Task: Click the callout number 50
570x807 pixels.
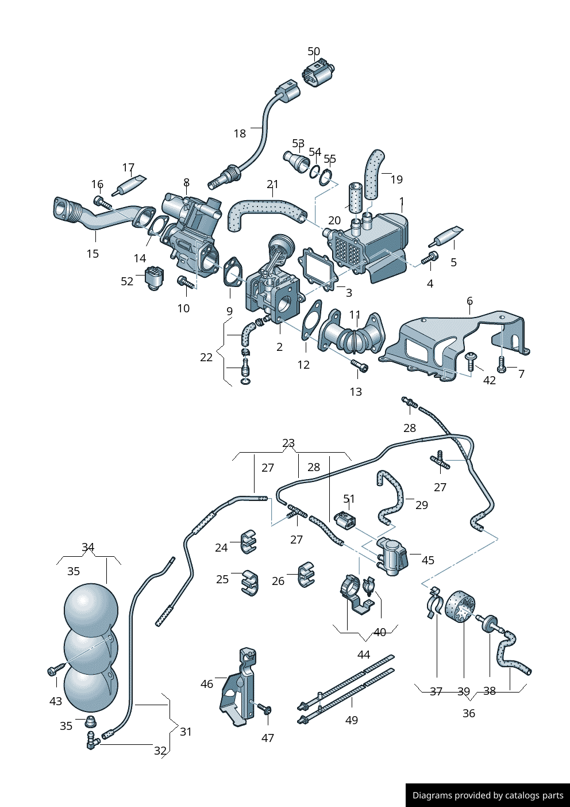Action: point(314,51)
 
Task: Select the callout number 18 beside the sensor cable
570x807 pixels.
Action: point(240,133)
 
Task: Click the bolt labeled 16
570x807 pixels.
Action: point(102,202)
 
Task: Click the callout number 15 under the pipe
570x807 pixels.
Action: point(93,254)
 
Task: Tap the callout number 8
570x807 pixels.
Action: point(186,182)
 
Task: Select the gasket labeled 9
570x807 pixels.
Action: point(232,272)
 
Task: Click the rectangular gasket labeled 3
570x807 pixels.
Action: point(319,269)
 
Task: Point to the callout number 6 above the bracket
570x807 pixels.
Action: point(469,301)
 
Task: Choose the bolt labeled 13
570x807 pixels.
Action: point(359,365)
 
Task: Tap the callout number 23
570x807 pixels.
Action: point(288,443)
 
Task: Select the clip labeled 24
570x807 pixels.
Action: point(248,541)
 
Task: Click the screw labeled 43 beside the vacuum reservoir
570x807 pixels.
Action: point(57,671)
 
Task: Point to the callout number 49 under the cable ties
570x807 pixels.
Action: point(352,720)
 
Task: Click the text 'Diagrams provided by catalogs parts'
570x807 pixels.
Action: point(488,795)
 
